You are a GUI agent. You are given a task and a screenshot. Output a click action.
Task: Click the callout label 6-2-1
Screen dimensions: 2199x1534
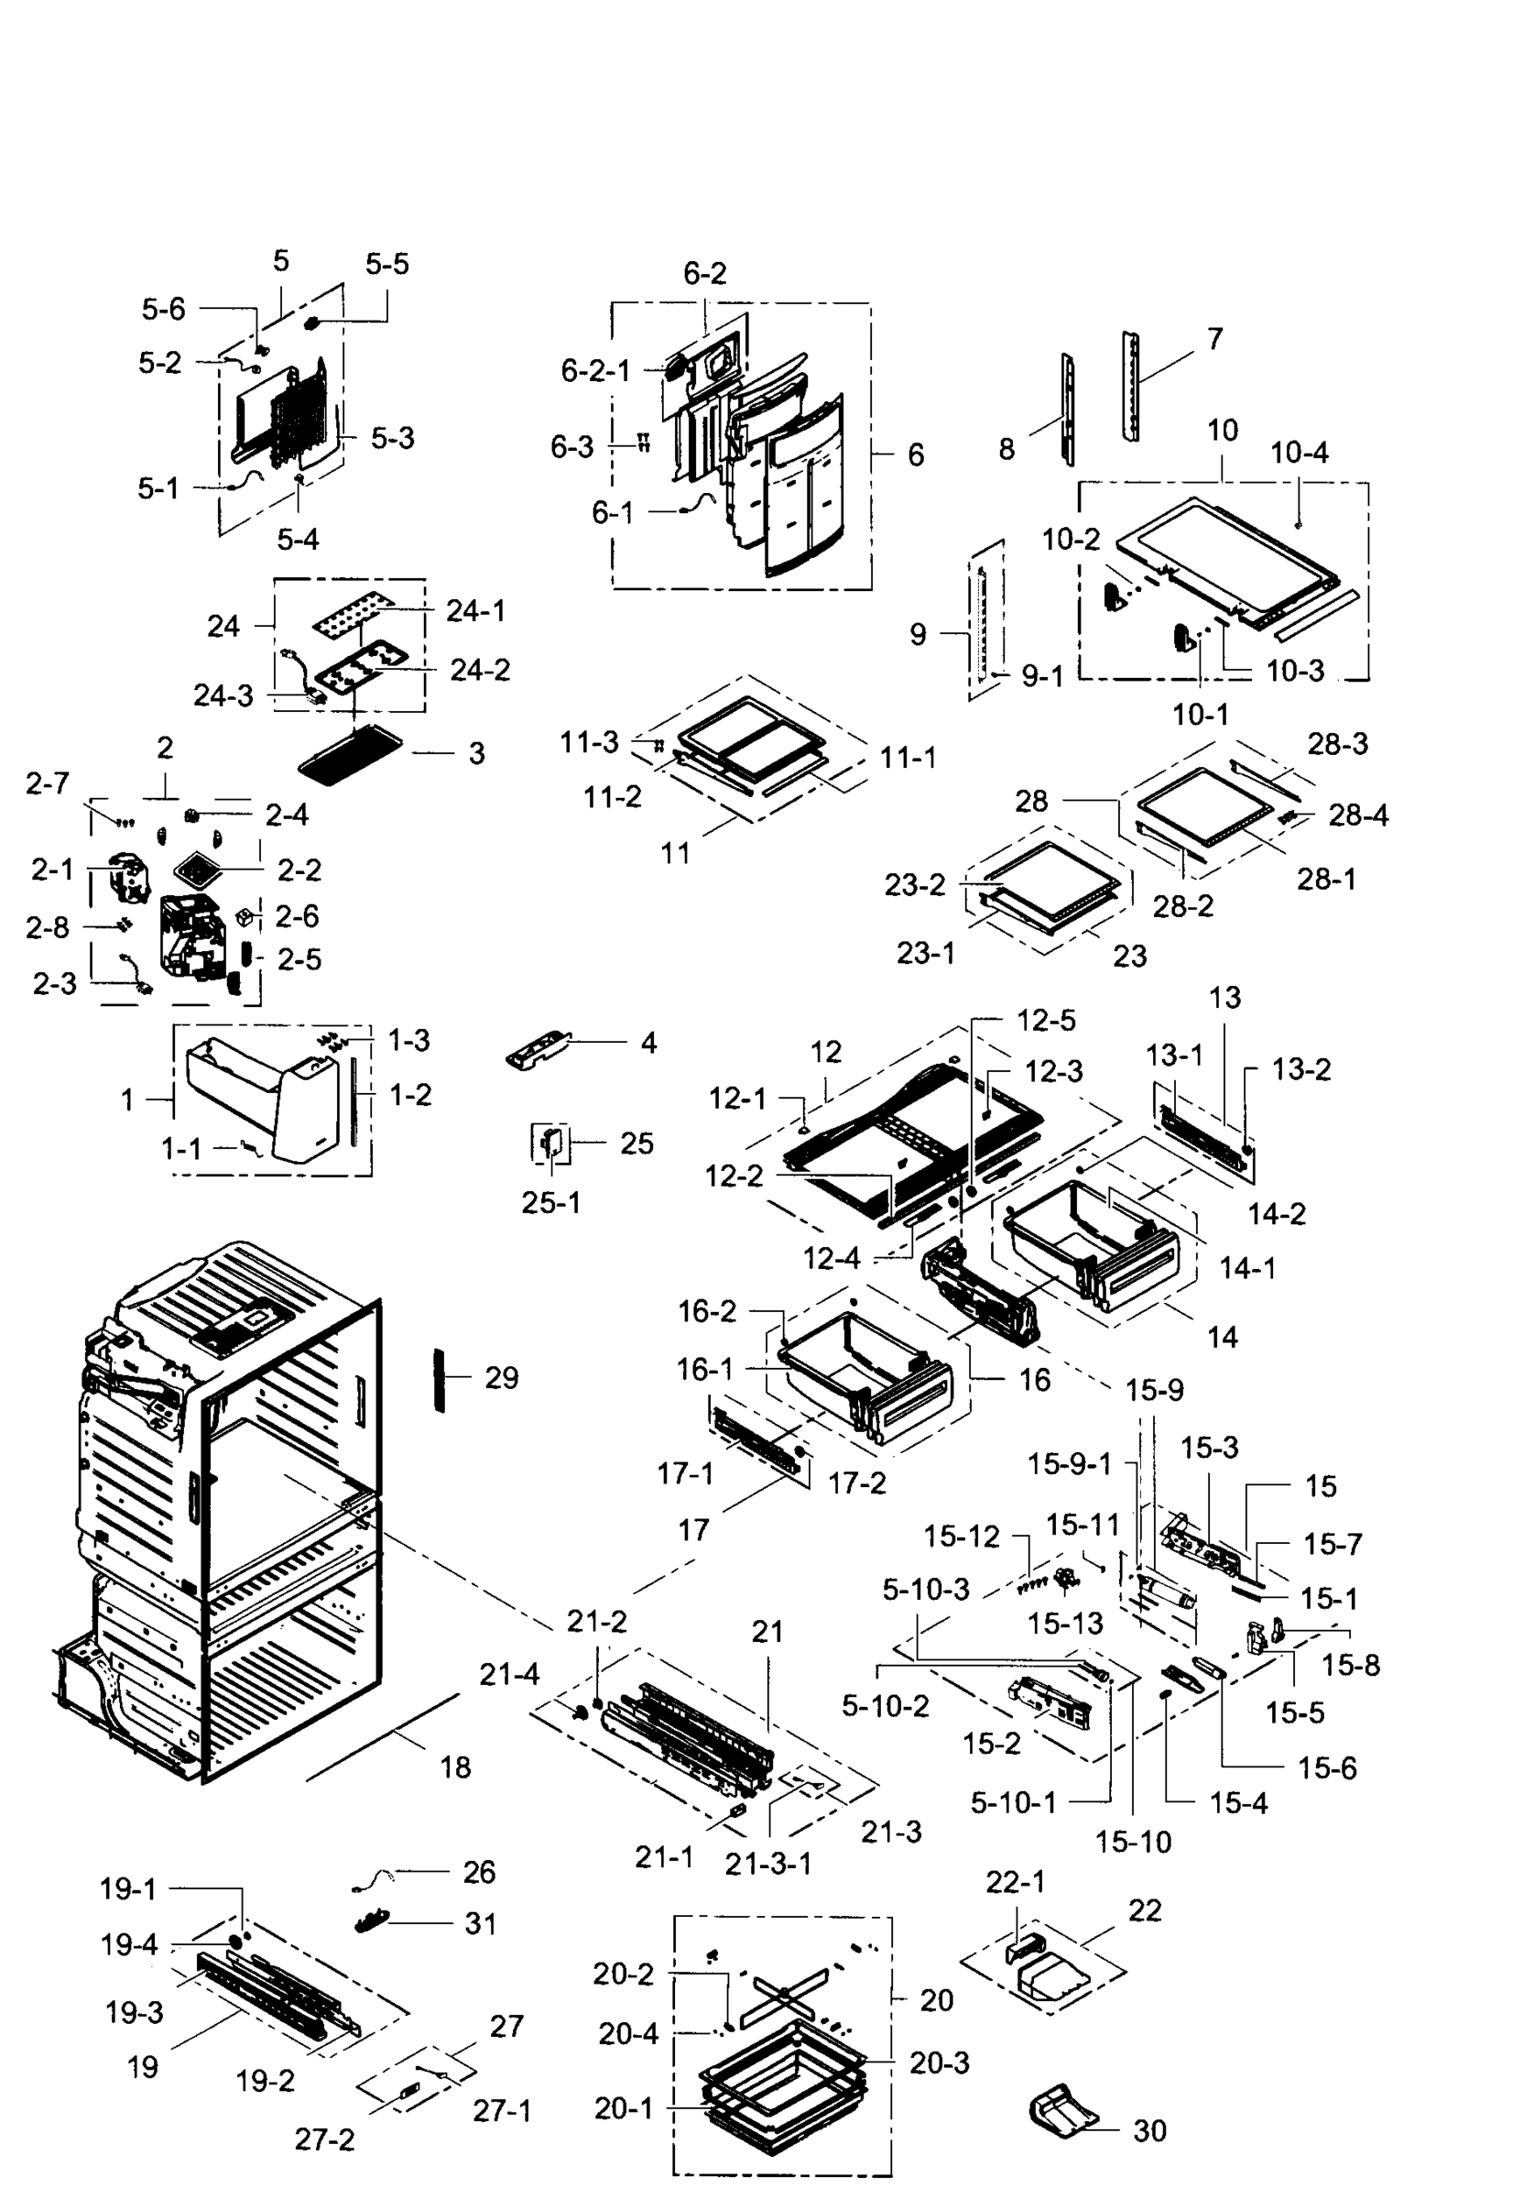tap(595, 371)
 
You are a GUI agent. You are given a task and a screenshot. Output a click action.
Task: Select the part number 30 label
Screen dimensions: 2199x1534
tap(1149, 2131)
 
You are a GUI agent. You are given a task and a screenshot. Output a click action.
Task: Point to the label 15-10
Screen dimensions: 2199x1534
tap(1133, 1842)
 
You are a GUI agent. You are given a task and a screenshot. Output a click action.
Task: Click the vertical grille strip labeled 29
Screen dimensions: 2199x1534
tap(440, 1379)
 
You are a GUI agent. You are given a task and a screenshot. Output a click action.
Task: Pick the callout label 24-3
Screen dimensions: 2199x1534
tap(223, 696)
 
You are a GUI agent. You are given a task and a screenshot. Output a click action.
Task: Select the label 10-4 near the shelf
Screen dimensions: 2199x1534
tap(1299, 453)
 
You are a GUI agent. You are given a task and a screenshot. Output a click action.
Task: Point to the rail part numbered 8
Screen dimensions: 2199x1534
tap(1067, 410)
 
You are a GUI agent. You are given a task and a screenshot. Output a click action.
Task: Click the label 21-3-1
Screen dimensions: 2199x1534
tap(768, 1864)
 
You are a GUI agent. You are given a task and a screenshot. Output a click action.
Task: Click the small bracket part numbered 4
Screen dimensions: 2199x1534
tap(538, 1051)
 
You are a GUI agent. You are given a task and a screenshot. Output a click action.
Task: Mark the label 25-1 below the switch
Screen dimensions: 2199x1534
tap(550, 1203)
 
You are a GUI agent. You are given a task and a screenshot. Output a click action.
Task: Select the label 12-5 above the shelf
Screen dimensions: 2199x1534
tap(1046, 1021)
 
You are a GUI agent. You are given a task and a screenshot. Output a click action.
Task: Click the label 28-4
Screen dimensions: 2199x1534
tap(1358, 815)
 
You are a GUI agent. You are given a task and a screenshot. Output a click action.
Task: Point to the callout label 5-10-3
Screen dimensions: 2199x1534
tap(926, 1591)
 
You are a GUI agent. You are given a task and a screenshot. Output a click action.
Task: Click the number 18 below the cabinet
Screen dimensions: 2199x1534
tap(456, 1768)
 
